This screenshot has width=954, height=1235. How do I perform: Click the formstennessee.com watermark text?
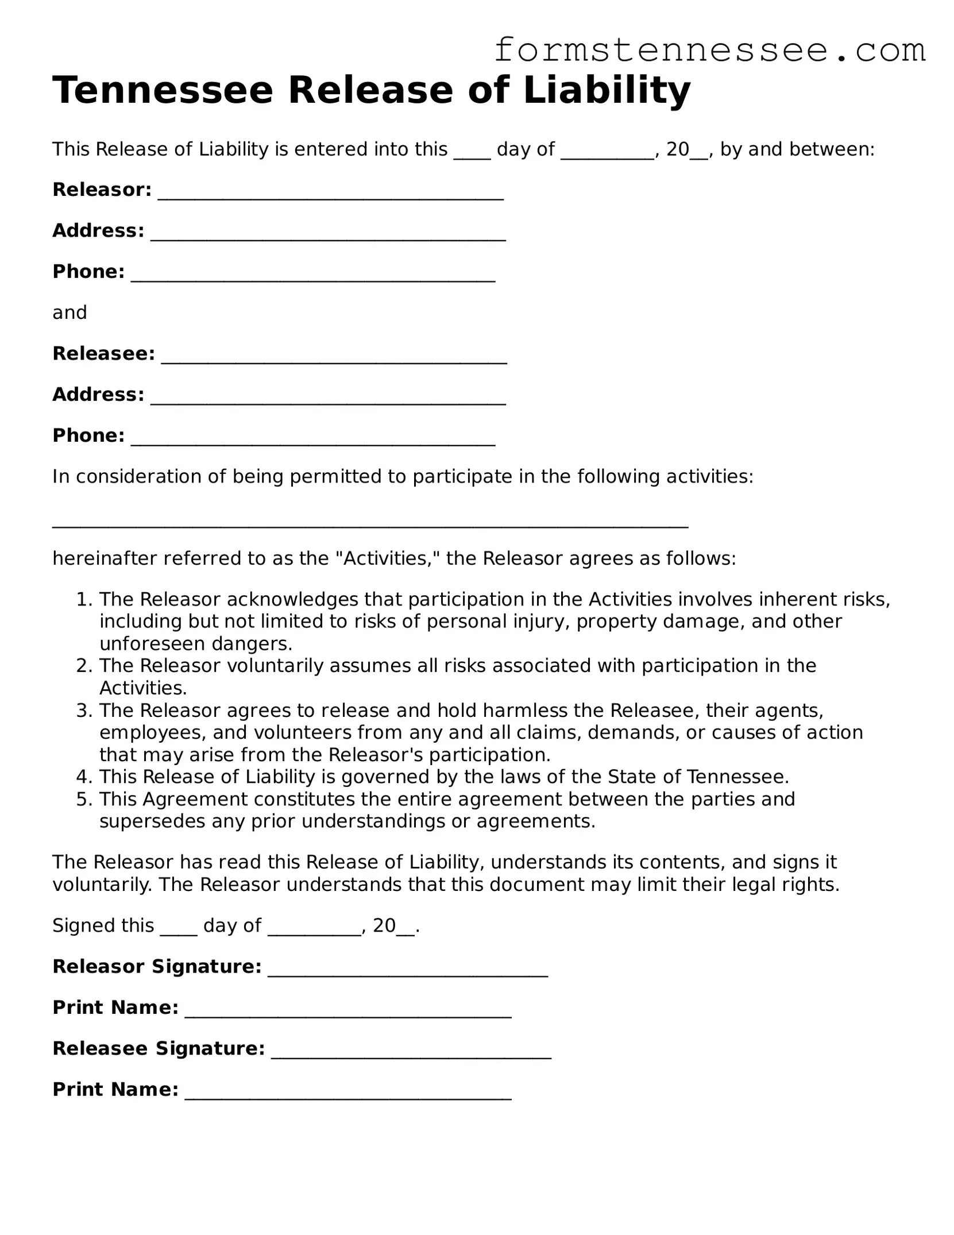point(709,51)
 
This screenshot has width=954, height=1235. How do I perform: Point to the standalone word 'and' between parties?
point(69,312)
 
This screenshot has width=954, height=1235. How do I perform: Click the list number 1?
point(84,599)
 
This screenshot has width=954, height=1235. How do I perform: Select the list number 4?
point(84,777)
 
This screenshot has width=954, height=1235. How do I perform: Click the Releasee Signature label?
point(159,1048)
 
